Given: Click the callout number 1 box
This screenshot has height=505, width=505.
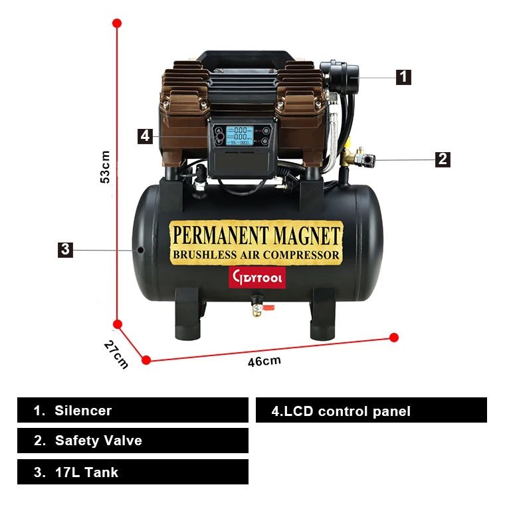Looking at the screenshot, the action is click(403, 76).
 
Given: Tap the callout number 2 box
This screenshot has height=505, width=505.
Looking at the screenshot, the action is click(443, 159).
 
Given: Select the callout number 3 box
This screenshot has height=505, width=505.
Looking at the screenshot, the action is click(64, 249).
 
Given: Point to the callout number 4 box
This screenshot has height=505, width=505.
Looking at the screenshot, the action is click(146, 136).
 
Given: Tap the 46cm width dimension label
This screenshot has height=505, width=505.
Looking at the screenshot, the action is click(264, 361).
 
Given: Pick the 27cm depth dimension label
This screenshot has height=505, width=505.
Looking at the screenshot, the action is click(116, 354).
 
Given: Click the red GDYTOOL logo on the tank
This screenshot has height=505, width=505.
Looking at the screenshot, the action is click(256, 276).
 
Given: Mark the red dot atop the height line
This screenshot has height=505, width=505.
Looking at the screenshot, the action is click(117, 23).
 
